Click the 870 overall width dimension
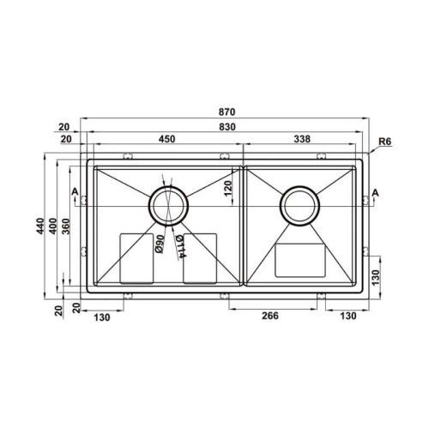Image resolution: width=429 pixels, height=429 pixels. tap(227, 112)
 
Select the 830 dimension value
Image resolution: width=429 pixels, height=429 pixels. tap(227, 127)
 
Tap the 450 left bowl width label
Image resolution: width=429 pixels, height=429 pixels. tap(166, 139)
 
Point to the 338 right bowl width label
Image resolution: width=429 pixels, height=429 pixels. tap(302, 139)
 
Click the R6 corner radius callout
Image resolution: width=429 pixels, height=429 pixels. tap(384, 142)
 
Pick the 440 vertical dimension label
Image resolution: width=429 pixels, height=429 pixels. tap(40, 226)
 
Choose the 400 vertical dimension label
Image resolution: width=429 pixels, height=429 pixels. tap(53, 226)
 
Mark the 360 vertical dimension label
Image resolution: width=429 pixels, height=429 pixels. tap(66, 226)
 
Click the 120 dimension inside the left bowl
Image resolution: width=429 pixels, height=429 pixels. tap(228, 188)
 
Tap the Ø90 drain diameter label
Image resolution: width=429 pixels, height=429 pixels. tap(160, 244)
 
